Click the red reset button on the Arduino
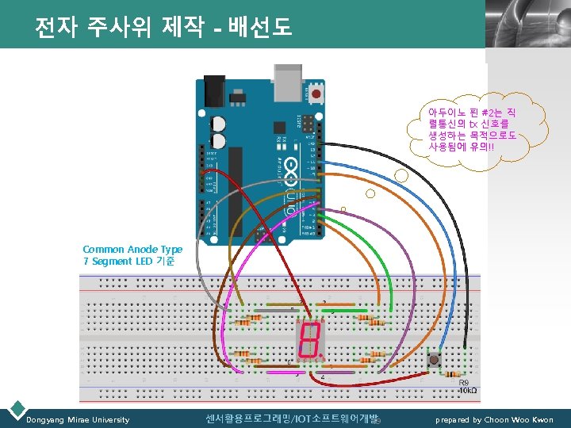317,94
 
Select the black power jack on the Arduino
212,93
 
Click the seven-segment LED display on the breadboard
308,340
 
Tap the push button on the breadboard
435,361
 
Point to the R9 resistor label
463,382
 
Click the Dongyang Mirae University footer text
78,419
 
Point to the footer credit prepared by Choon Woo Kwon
494,419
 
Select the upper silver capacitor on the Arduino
217,124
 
